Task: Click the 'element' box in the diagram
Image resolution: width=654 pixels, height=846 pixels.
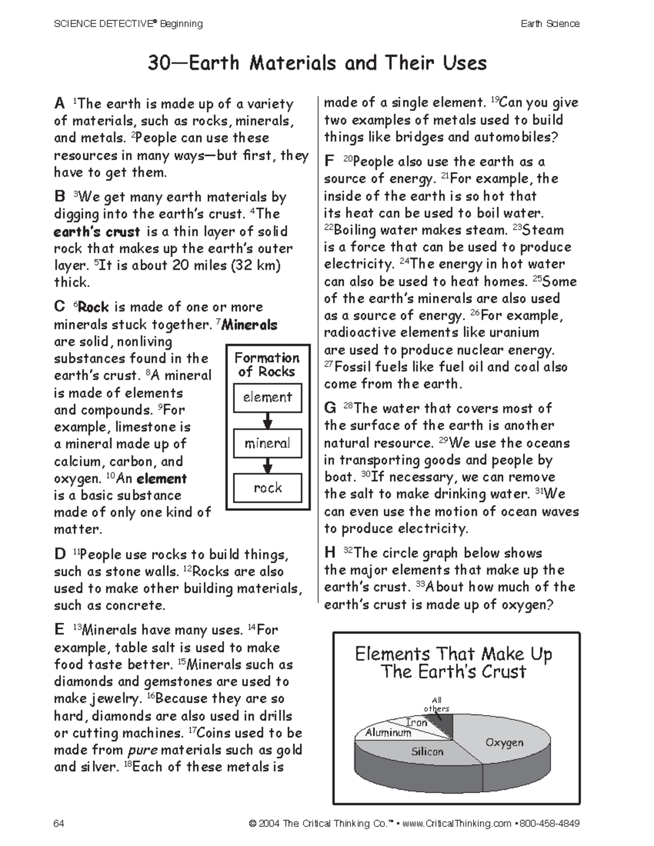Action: (x=267, y=397)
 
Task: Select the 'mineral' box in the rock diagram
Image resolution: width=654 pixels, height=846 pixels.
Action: (x=267, y=443)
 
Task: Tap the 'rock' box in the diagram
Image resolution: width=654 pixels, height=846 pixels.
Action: (x=267, y=488)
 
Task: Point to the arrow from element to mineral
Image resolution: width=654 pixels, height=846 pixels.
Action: (x=267, y=421)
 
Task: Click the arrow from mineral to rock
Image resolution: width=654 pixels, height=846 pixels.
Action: (x=267, y=466)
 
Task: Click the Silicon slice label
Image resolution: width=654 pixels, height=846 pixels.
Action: (x=427, y=752)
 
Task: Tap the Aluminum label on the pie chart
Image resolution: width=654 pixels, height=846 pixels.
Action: (x=388, y=733)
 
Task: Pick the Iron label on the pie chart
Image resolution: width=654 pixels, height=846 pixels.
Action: (x=417, y=722)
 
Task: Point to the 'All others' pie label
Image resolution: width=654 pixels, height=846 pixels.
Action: (x=437, y=704)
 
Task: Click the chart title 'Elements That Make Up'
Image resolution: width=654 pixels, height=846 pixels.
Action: (x=453, y=654)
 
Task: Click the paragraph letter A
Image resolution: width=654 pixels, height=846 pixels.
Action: (x=59, y=104)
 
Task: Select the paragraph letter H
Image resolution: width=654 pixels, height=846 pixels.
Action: (x=330, y=553)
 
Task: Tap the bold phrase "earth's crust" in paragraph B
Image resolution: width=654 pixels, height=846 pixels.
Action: (x=97, y=232)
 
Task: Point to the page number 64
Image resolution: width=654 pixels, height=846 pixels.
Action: (x=59, y=823)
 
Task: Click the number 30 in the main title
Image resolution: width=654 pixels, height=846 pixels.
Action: (x=160, y=63)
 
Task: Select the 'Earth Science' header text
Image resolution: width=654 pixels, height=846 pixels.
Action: (x=549, y=23)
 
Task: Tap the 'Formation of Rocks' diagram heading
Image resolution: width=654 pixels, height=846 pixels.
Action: (x=267, y=364)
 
